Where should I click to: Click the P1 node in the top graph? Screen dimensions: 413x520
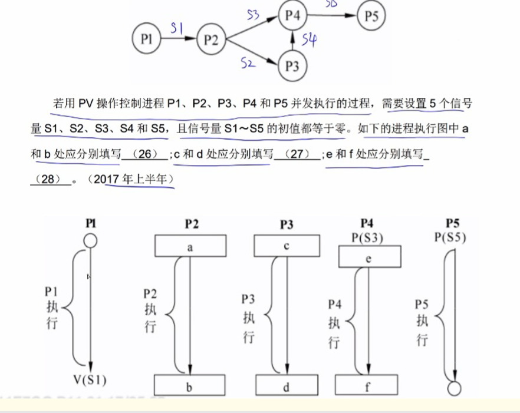(x=147, y=39)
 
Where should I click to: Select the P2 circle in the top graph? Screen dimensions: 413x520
(x=210, y=39)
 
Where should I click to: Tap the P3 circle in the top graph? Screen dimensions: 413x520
(x=292, y=65)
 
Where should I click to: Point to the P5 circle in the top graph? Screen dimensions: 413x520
(x=371, y=16)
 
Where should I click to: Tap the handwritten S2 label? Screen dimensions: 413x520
(x=248, y=62)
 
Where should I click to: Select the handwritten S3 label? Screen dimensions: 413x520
(x=254, y=15)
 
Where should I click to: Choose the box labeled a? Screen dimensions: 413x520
(x=190, y=247)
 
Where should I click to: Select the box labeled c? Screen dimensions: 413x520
(x=286, y=246)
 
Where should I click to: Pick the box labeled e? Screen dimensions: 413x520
(x=369, y=257)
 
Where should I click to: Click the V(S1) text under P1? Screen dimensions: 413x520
(x=91, y=379)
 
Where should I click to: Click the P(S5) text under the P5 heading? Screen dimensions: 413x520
(x=453, y=238)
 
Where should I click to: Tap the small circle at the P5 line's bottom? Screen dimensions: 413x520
(x=454, y=388)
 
